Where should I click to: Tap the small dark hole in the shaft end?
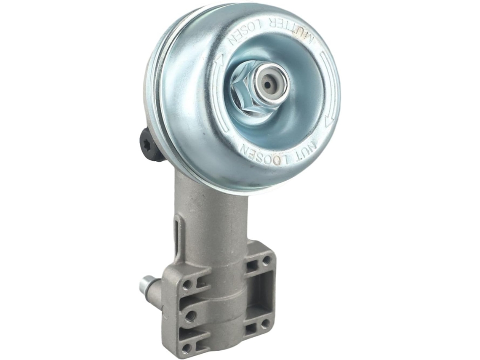pyautogui.click(x=269, y=84)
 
